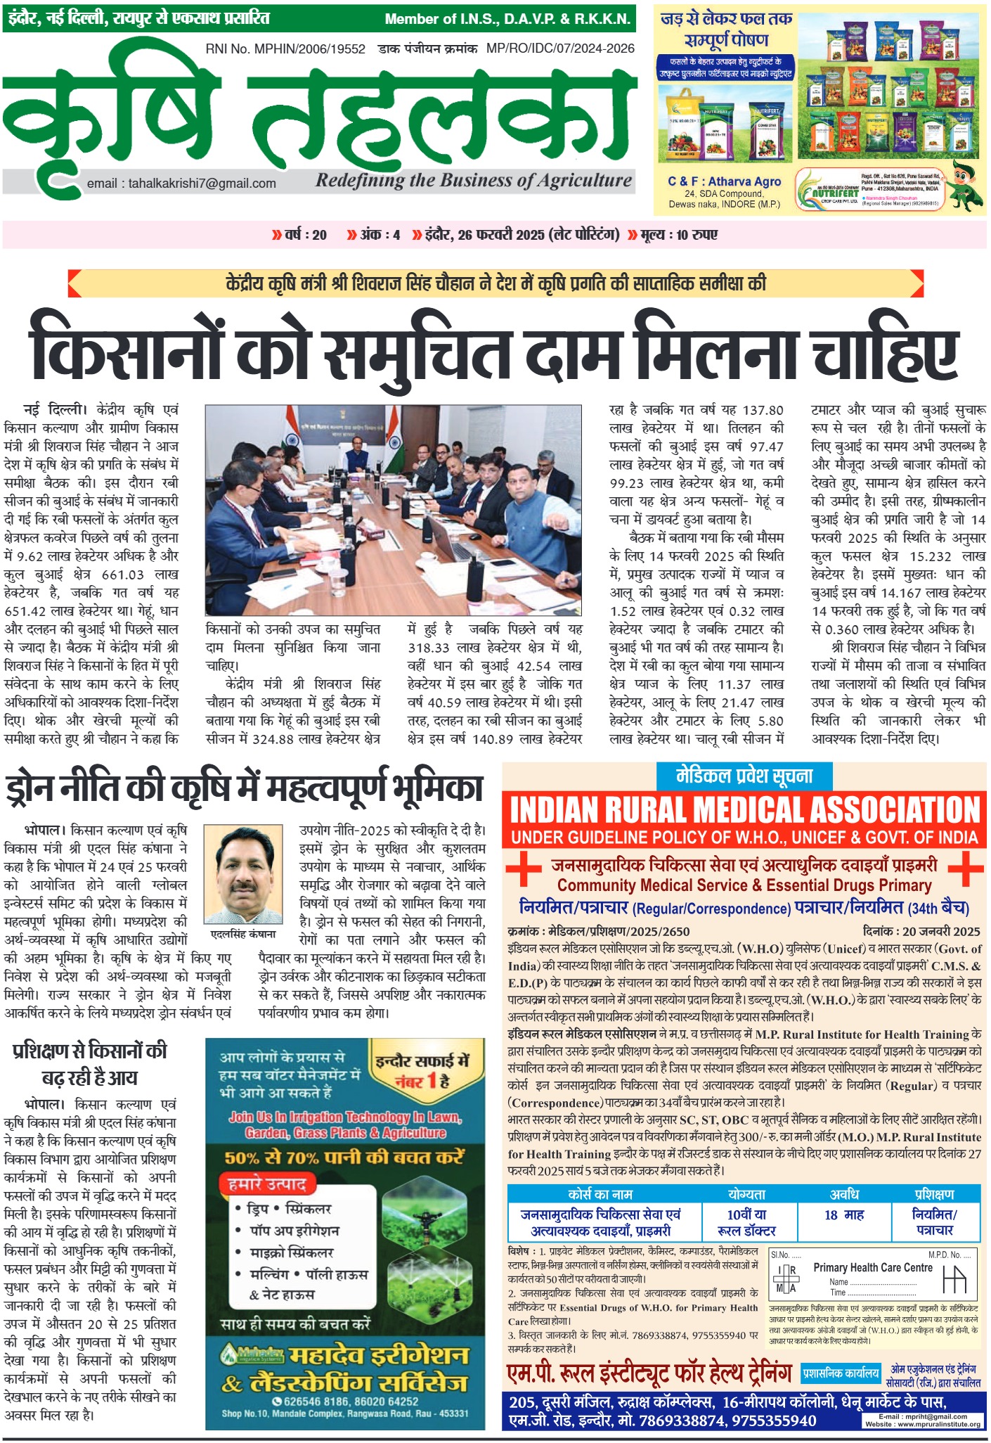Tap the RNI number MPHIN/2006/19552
[285, 49]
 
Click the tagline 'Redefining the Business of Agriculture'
[474, 181]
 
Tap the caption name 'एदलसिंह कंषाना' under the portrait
[243, 934]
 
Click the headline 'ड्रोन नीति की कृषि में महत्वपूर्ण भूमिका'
[244, 788]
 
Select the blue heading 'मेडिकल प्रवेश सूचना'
[744, 776]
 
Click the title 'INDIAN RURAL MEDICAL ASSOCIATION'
[744, 810]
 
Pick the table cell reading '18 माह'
[843, 1214]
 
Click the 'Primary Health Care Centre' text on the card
[872, 1267]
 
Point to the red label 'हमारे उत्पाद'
[266, 1184]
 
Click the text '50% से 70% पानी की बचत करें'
[344, 1157]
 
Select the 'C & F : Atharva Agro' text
[724, 181]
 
